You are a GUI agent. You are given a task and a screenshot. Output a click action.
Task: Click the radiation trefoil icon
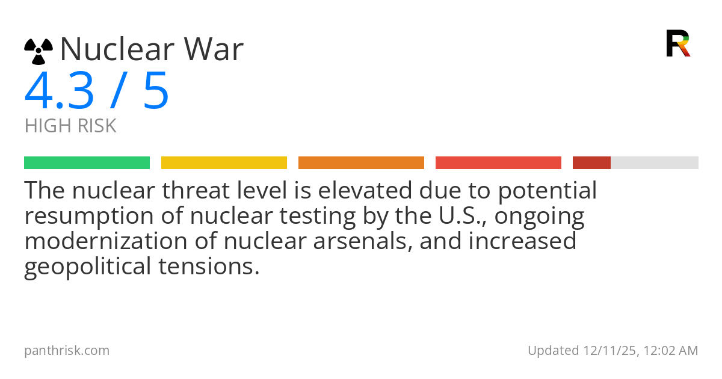tap(39, 51)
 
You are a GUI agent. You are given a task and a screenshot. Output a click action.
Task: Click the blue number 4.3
tap(59, 91)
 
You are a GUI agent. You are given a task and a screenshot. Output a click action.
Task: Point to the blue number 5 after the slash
tap(156, 91)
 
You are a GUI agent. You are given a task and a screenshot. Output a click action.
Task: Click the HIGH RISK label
tap(70, 126)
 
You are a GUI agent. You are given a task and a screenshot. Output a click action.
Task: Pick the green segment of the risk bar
tap(87, 163)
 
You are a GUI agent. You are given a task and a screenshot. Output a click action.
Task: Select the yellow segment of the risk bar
tap(224, 163)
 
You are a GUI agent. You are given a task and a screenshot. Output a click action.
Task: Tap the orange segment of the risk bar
tap(361, 163)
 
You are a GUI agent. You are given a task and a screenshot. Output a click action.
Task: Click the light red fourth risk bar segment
tap(498, 163)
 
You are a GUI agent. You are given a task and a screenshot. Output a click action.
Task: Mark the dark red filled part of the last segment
tap(591, 163)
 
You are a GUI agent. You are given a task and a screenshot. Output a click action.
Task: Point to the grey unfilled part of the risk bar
tap(655, 163)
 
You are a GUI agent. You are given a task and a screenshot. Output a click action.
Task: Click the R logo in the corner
tap(678, 43)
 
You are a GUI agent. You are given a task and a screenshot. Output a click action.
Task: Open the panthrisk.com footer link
tap(67, 351)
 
